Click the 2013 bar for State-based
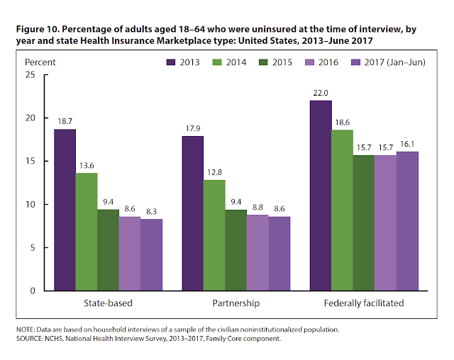click(64, 210)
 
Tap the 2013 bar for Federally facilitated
click(321, 196)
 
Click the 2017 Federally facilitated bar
click(408, 221)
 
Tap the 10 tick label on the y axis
click(28, 204)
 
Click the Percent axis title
click(40, 62)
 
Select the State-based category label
click(107, 303)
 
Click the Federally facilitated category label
click(364, 303)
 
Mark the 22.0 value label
click(321, 93)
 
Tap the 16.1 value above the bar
click(408, 144)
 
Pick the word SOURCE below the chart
click(30, 339)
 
